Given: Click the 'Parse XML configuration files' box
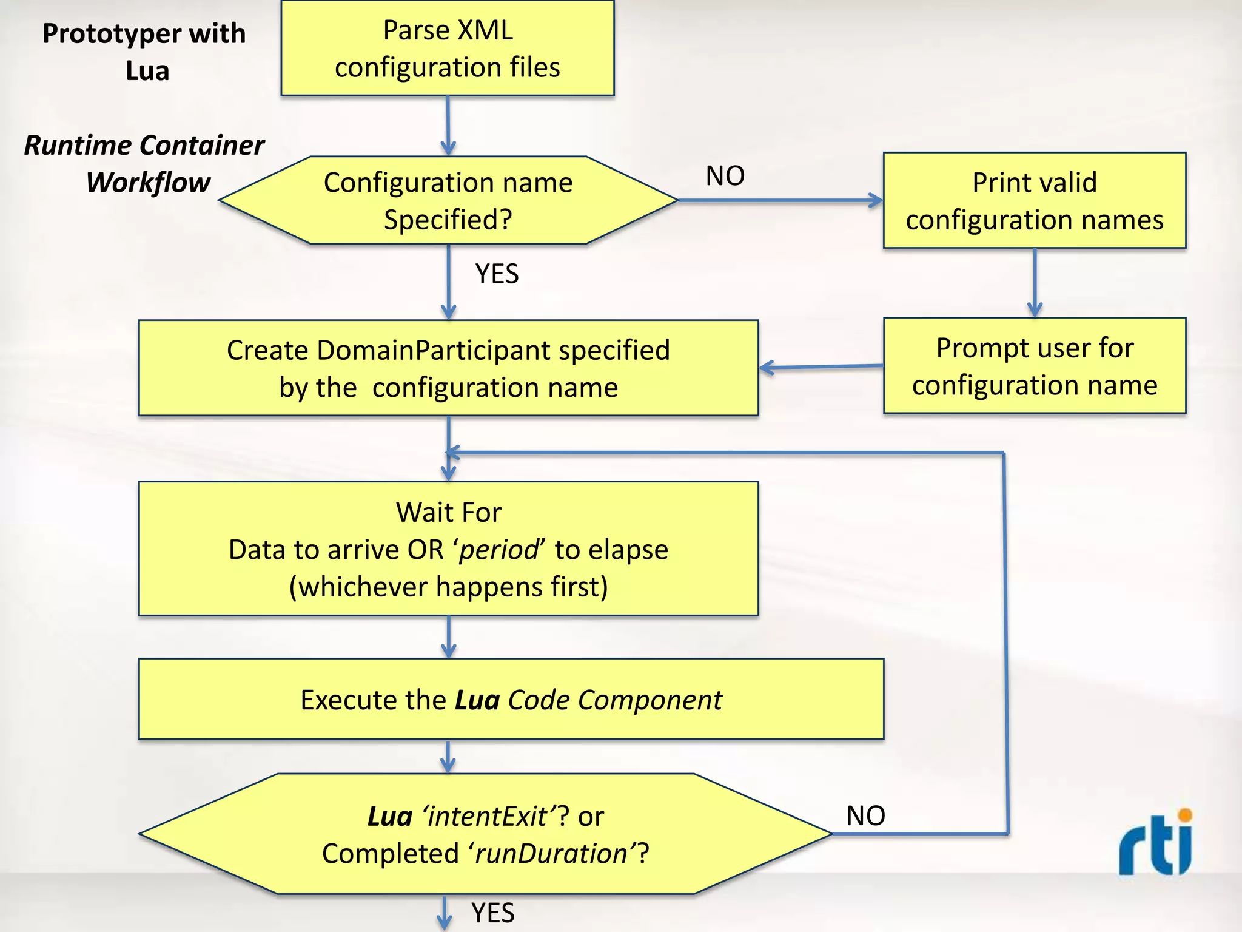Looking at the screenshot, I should click(x=448, y=49).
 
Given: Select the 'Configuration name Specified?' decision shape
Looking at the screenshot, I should click(x=448, y=200).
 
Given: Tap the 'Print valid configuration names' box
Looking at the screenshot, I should click(x=1034, y=201).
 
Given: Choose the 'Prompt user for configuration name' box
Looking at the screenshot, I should click(x=1034, y=366).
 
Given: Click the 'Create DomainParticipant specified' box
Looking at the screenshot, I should click(x=448, y=368).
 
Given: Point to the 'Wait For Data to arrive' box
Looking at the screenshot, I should click(x=448, y=549).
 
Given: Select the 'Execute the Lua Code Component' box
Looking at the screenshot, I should click(x=511, y=700).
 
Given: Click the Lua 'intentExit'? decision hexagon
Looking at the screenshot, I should click(x=485, y=834).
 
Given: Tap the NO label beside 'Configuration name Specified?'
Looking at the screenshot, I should click(x=725, y=176).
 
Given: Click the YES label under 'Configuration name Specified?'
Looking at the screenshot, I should click(x=497, y=274).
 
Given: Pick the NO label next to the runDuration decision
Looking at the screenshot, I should click(x=865, y=816).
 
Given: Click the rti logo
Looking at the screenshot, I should click(x=1155, y=843).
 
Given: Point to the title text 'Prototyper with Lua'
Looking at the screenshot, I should click(x=144, y=52).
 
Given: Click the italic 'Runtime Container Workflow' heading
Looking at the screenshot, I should click(x=144, y=164).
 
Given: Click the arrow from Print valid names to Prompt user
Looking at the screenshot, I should click(x=1035, y=283).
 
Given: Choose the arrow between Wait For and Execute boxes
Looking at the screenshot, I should click(x=448, y=637).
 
